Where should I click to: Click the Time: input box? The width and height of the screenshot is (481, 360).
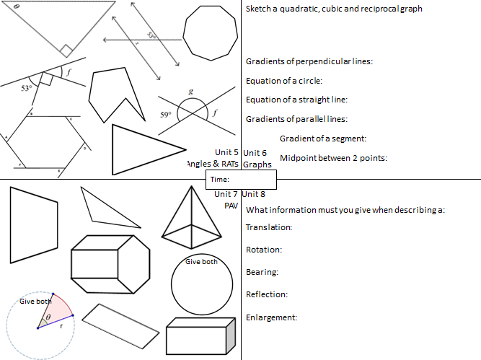(x=242, y=179)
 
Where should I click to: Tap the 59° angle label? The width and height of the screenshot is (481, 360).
(x=164, y=115)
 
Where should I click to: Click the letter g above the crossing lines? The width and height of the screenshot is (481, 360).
(x=190, y=92)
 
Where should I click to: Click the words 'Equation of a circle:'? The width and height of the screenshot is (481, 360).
(x=284, y=81)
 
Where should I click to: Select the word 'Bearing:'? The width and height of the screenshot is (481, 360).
(x=262, y=272)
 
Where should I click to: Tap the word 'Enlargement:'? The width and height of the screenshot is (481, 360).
(x=272, y=317)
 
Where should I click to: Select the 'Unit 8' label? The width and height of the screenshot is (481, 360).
(x=254, y=194)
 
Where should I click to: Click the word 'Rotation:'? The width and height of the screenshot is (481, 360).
(x=264, y=250)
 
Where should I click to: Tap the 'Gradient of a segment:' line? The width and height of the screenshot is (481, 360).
(x=323, y=139)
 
